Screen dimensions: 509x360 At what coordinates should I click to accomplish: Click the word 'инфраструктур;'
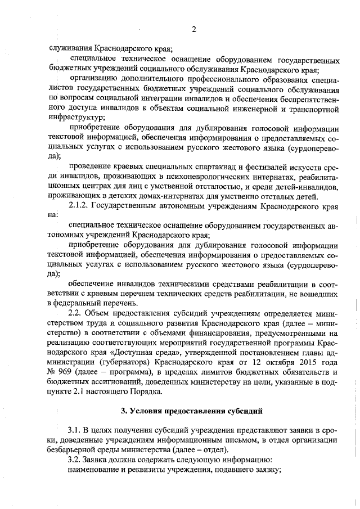coord(76,118)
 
